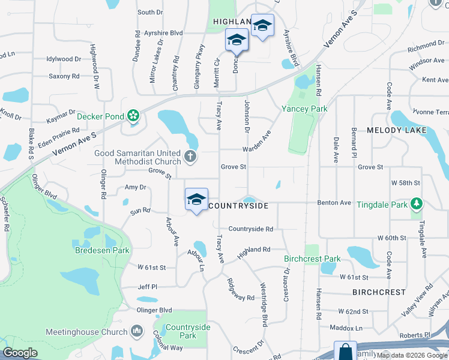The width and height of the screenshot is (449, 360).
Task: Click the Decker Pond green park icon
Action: (x=133, y=116)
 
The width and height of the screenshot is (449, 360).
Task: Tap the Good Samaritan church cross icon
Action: (x=190, y=157)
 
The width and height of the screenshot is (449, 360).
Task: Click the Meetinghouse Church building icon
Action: (x=137, y=331)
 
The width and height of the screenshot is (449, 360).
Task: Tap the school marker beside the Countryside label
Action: (x=197, y=199)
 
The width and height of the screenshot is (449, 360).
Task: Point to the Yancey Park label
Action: (x=305, y=109)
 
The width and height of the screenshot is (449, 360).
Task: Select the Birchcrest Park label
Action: (x=312, y=259)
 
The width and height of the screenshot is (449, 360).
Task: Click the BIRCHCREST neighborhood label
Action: (x=379, y=292)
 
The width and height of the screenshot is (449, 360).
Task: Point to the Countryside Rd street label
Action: (x=251, y=229)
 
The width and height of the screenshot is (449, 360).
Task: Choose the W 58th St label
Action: (x=406, y=182)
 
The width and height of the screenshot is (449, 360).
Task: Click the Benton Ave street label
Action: (x=337, y=203)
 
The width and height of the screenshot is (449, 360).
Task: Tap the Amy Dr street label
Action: (x=135, y=187)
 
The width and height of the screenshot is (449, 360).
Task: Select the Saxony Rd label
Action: (x=64, y=76)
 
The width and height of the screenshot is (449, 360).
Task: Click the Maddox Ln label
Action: (x=346, y=328)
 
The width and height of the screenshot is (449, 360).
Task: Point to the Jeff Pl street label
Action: (x=147, y=287)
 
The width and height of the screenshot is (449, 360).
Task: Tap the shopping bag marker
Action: (x=345, y=351)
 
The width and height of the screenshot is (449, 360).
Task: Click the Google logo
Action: (x=20, y=353)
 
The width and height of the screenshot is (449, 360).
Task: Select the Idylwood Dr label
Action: (x=64, y=59)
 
